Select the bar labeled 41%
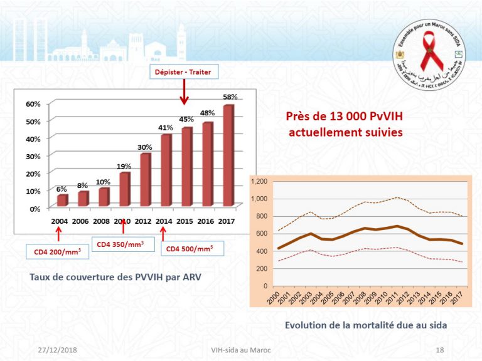click(166, 169)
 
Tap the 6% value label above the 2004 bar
click(61, 189)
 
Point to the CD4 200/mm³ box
click(57, 251)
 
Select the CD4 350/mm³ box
click(123, 243)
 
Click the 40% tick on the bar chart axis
click(33, 139)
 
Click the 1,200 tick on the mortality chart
click(259, 181)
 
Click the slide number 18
click(439, 349)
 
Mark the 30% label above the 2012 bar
click(145, 147)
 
